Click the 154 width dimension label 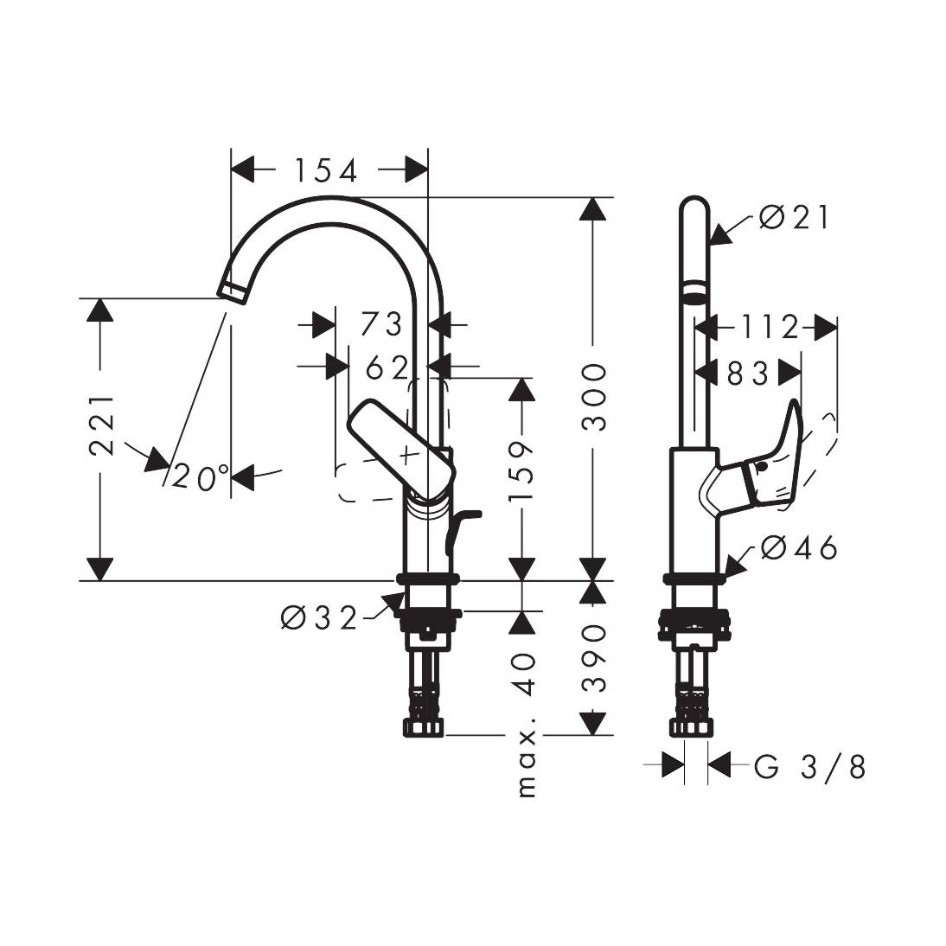click(x=323, y=170)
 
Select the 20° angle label click(x=201, y=476)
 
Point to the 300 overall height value click(x=593, y=397)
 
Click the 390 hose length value click(x=593, y=658)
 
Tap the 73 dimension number click(x=381, y=324)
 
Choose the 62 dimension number click(x=386, y=368)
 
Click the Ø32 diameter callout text click(x=319, y=617)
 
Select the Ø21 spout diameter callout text click(x=794, y=217)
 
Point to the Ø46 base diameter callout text click(x=800, y=547)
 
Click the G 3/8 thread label click(x=809, y=765)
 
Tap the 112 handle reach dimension click(x=768, y=327)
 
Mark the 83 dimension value click(x=747, y=373)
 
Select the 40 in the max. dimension click(x=524, y=675)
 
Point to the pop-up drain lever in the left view click(x=458, y=527)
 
